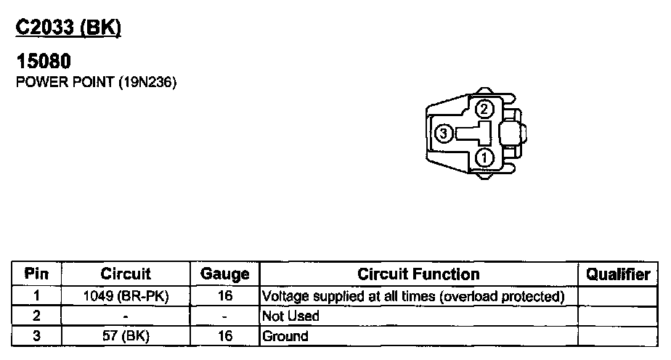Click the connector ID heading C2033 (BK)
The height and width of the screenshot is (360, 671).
(x=68, y=27)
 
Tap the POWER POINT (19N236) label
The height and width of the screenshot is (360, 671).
(x=97, y=82)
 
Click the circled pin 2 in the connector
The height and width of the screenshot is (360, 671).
(x=484, y=110)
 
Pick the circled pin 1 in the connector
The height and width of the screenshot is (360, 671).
(x=484, y=157)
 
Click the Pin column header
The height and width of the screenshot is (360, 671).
(x=36, y=274)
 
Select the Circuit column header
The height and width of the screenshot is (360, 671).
(x=126, y=274)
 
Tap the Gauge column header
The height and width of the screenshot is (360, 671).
(x=225, y=274)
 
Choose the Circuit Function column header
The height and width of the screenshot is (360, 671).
(x=418, y=274)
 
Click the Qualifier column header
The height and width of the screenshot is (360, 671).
(x=618, y=274)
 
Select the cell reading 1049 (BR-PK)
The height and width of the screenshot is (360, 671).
(x=126, y=296)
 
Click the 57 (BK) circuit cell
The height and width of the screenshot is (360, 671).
(x=126, y=336)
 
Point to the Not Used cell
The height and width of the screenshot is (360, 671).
(x=290, y=316)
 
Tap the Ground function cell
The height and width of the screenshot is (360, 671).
(x=285, y=336)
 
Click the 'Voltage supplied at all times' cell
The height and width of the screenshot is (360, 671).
(x=413, y=296)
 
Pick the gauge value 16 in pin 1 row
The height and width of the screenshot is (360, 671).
(x=225, y=296)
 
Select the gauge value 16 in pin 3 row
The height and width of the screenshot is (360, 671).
(x=225, y=336)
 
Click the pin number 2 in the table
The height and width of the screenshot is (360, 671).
(x=36, y=316)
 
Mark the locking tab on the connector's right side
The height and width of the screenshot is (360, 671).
(x=521, y=134)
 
